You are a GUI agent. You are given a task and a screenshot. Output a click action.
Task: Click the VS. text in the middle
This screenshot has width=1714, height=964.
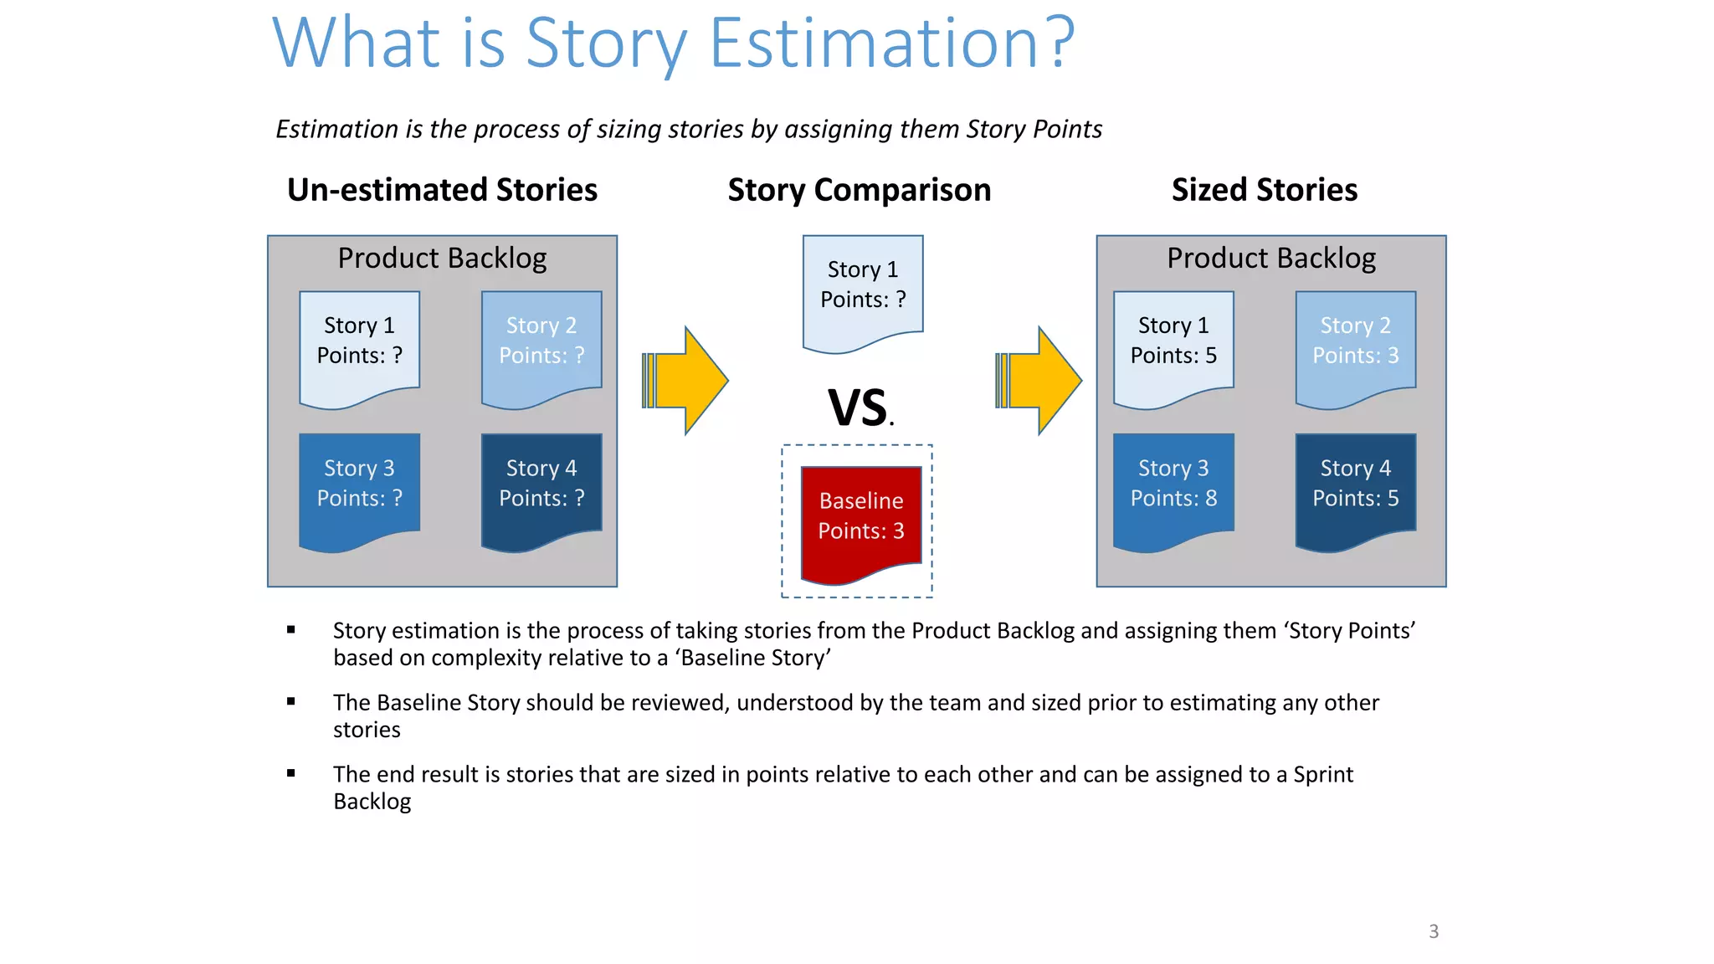(x=860, y=408)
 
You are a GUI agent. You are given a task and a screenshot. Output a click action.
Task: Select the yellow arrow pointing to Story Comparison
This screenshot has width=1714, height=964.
(x=687, y=381)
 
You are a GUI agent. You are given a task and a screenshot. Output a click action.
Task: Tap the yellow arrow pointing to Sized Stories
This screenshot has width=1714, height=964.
(x=1040, y=381)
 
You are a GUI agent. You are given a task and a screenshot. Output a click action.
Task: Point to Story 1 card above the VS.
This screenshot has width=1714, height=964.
(x=863, y=289)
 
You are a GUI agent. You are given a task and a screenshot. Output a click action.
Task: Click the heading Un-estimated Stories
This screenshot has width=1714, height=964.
(x=442, y=190)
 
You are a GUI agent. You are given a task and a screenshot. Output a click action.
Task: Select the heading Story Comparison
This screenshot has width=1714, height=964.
(x=859, y=190)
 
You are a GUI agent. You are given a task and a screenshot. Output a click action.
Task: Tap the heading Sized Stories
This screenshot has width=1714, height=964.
(x=1264, y=190)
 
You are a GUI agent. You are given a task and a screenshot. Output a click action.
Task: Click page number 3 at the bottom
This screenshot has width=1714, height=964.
(x=1434, y=931)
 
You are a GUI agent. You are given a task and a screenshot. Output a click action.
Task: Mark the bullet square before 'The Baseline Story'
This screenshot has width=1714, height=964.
(x=291, y=701)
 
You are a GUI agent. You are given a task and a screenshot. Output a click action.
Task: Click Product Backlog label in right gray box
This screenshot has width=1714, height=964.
(x=1271, y=258)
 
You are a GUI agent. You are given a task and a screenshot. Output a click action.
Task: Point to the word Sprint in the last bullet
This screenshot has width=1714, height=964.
(x=1322, y=774)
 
